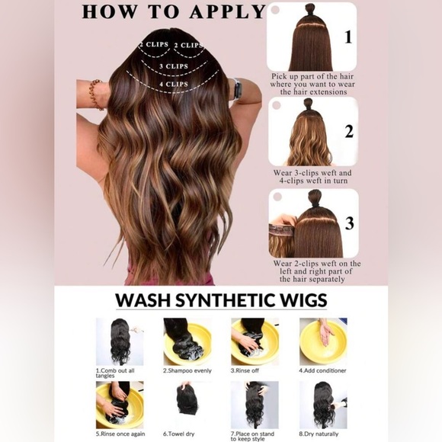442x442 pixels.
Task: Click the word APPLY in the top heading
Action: click(228, 11)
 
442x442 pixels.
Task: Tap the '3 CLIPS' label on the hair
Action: click(174, 66)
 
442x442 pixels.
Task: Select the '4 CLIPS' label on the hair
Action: click(174, 84)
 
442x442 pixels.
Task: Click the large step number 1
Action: click(348, 37)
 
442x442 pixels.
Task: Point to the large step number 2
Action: click(349, 131)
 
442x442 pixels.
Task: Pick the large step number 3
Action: click(350, 223)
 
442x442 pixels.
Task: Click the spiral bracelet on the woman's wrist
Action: click(95, 94)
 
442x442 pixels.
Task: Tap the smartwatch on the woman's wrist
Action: click(237, 89)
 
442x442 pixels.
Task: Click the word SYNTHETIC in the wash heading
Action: click(225, 300)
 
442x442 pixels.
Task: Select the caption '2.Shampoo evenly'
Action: click(187, 370)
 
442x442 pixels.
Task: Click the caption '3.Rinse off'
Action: click(245, 370)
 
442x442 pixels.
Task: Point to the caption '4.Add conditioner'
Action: click(322, 370)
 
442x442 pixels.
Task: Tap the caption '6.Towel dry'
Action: click(179, 434)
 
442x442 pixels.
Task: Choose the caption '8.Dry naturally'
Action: click(319, 434)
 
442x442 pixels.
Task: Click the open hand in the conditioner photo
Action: click(326, 335)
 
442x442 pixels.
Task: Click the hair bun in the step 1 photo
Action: click(310, 10)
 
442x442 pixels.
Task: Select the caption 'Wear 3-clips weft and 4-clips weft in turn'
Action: click(313, 177)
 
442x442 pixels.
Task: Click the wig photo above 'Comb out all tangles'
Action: click(120, 341)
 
